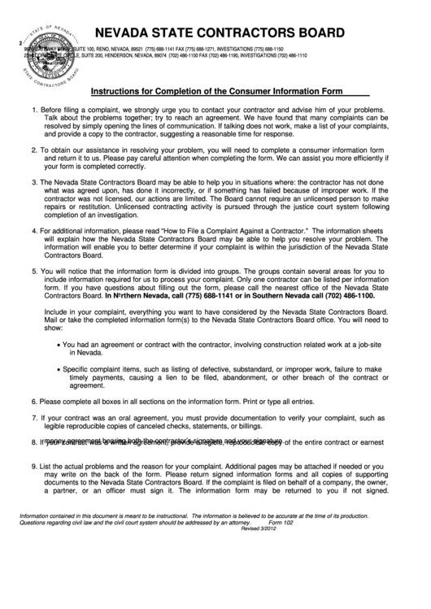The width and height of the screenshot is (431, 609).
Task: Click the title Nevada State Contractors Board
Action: click(213, 33)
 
